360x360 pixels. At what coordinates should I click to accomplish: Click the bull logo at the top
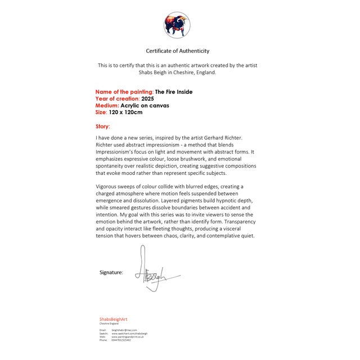tap(177, 25)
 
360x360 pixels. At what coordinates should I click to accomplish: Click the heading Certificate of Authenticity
tap(178, 51)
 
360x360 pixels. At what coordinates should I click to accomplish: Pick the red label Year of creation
tap(118, 98)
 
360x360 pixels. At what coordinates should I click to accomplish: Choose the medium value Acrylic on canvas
tap(145, 105)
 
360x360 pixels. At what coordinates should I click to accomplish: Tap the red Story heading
tap(103, 127)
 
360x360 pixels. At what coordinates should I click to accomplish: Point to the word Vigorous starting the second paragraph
tap(109, 186)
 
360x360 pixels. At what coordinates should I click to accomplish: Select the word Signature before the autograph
tap(111, 272)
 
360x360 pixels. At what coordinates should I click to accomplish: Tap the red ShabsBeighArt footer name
tap(114, 319)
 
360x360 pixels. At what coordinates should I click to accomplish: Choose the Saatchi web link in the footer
tap(129, 334)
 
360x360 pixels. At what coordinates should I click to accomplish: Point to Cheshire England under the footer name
tap(109, 323)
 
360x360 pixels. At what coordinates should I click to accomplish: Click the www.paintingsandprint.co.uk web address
tap(128, 337)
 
